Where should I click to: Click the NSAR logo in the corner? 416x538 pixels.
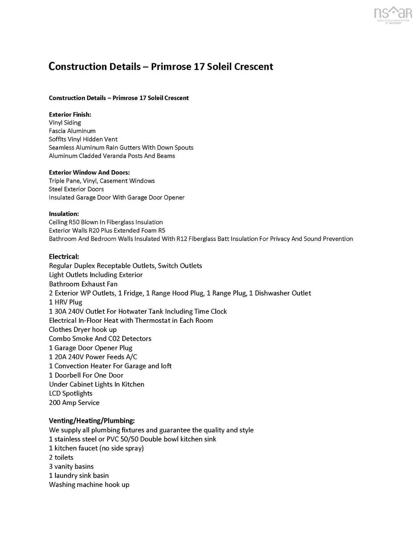point(393,15)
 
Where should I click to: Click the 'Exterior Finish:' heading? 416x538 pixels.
point(70,114)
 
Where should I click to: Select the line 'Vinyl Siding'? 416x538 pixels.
point(65,123)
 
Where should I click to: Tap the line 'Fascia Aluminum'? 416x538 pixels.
point(72,131)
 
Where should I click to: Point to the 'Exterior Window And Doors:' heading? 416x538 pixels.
point(89,172)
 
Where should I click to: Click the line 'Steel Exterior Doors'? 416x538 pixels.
point(76,189)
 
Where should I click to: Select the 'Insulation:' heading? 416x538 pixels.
point(64,214)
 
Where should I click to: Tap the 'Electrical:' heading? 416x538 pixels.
point(64,256)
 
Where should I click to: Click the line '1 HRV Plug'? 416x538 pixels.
point(65,302)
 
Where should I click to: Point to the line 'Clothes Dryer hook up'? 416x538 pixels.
point(83,330)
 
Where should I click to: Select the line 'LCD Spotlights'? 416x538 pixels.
point(70,393)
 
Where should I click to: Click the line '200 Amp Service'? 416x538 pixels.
point(74,403)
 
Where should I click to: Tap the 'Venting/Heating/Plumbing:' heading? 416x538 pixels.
point(92,421)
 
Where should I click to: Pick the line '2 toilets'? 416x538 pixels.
point(61,457)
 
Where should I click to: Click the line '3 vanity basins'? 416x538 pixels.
point(71,466)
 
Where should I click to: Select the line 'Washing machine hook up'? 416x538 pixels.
point(89,485)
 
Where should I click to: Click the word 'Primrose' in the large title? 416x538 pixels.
point(171,66)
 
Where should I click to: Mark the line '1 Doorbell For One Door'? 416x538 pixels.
point(86,375)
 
